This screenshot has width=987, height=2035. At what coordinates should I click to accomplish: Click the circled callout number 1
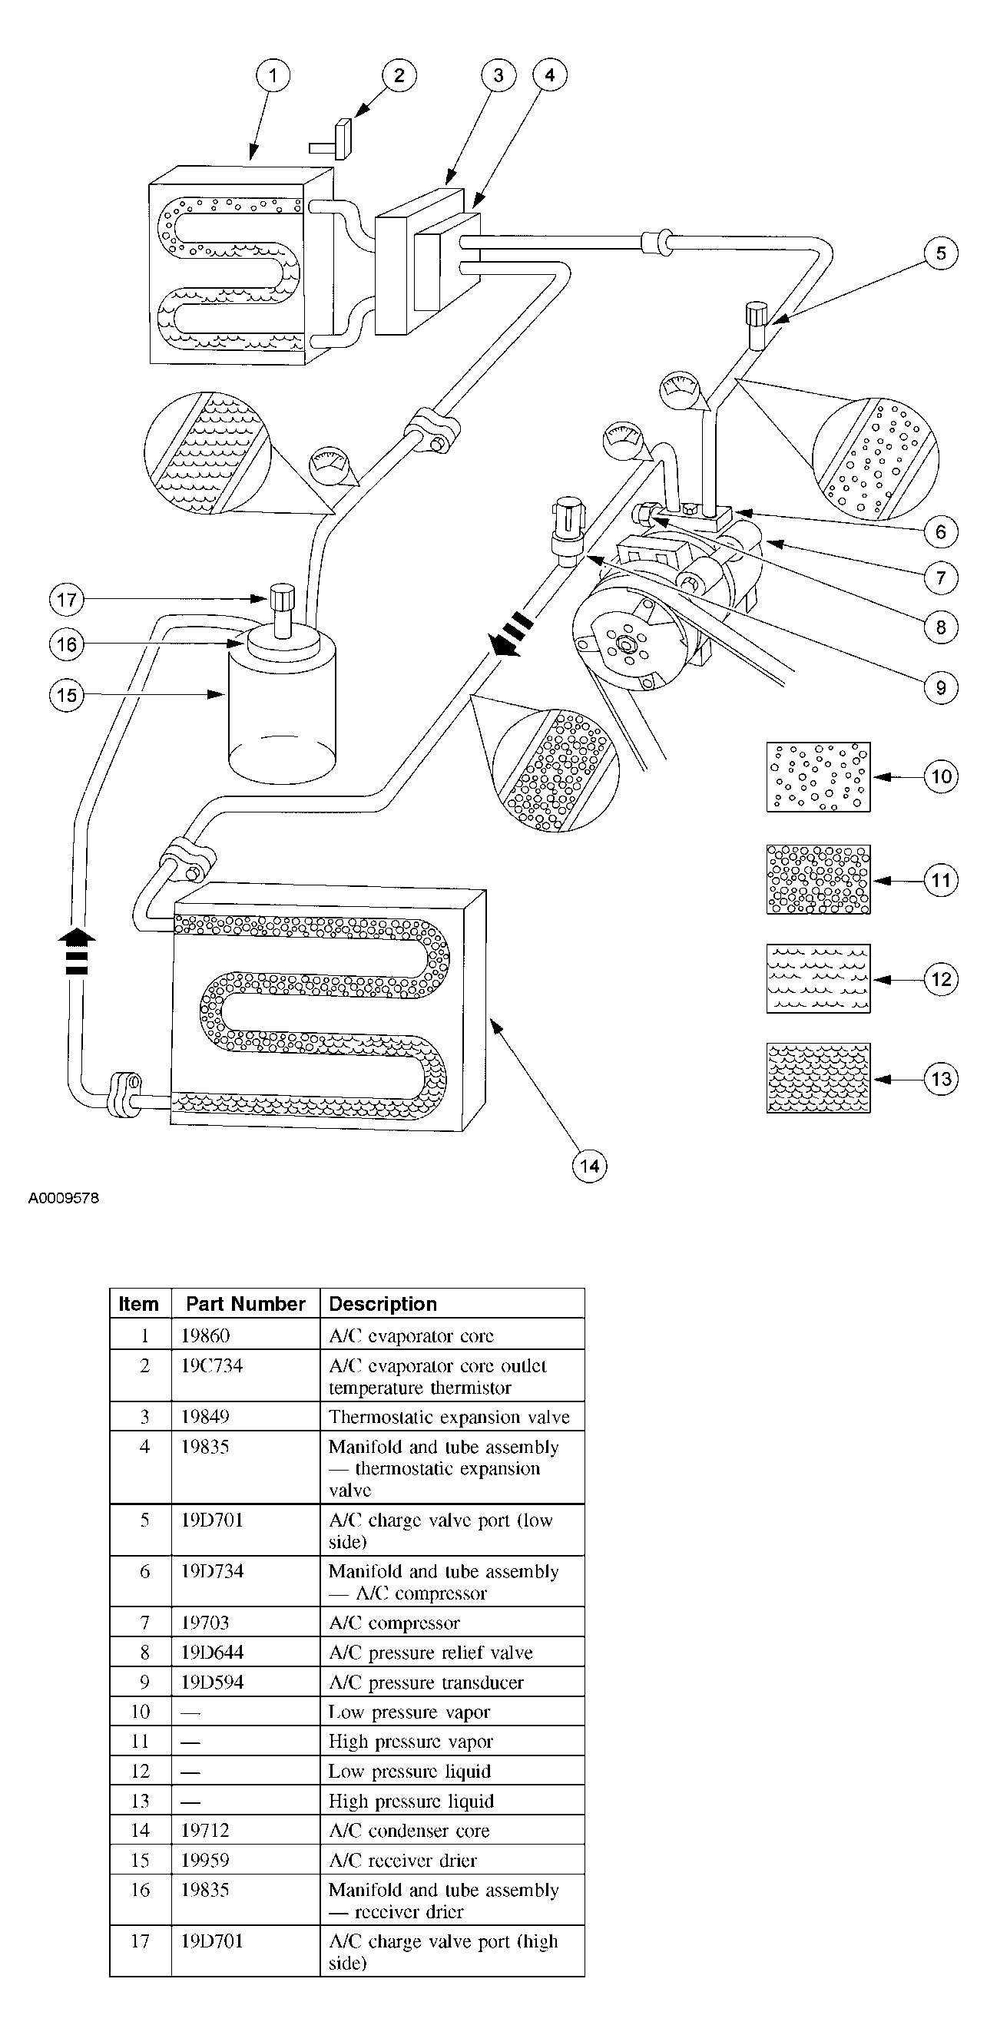[x=273, y=76]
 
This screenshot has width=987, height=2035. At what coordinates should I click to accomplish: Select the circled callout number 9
[x=940, y=687]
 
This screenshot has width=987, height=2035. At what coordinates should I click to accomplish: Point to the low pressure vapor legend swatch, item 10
[x=818, y=776]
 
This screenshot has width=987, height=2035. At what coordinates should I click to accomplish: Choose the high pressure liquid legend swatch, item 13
[x=818, y=1078]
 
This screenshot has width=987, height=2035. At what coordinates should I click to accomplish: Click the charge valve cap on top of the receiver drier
[x=282, y=594]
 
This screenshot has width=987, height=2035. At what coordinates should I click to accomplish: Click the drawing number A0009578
[x=64, y=1198]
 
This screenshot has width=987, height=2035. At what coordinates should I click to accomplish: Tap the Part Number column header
[x=245, y=1303]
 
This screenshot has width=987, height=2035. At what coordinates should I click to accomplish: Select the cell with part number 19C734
[x=212, y=1366]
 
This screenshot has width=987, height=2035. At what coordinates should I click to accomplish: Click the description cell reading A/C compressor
[x=393, y=1623]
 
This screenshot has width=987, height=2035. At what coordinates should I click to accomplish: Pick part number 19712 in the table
[x=204, y=1831]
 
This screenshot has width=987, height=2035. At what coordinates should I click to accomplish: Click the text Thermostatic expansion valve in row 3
[x=448, y=1417]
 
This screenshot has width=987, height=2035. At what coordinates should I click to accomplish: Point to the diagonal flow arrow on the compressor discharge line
[x=508, y=634]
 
